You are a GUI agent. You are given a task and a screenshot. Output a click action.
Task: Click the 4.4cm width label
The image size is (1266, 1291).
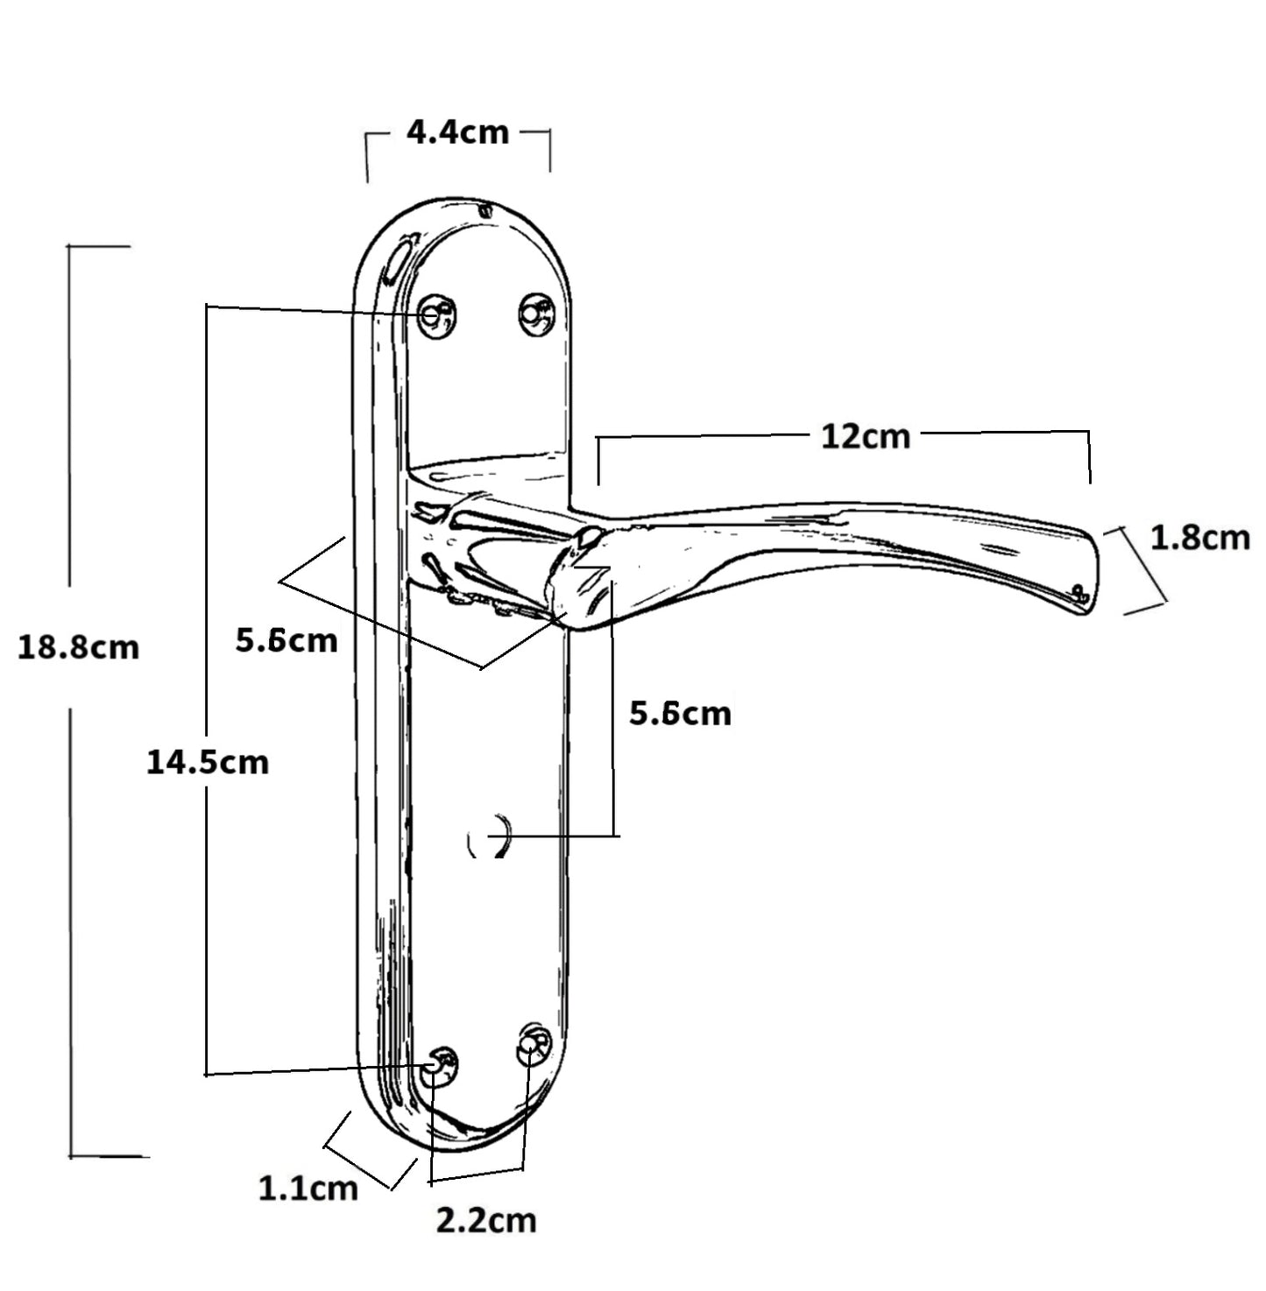(457, 132)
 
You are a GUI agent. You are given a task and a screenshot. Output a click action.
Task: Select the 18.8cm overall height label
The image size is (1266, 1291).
(78, 647)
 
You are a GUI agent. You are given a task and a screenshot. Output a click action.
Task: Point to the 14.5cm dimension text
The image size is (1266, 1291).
(207, 762)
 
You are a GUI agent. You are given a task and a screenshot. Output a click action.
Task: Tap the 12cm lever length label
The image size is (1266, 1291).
(865, 435)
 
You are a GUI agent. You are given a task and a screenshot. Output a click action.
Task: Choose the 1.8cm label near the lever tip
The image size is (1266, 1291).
(1199, 537)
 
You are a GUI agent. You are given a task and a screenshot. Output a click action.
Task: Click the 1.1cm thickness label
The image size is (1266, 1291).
(308, 1188)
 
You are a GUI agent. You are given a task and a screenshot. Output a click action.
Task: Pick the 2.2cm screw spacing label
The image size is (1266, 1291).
(485, 1220)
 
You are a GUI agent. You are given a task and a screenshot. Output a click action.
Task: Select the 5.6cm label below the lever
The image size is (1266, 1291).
(680, 714)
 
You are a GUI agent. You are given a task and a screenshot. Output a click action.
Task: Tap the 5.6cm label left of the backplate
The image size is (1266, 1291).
(286, 640)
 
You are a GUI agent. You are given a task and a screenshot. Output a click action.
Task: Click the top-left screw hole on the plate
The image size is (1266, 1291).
(435, 314)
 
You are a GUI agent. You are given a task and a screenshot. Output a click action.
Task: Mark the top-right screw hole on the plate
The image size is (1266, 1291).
(535, 312)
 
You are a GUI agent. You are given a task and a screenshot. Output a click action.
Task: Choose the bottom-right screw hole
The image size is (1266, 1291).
(534, 1043)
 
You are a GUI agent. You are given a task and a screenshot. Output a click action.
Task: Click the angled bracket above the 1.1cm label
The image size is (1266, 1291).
(368, 1151)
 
